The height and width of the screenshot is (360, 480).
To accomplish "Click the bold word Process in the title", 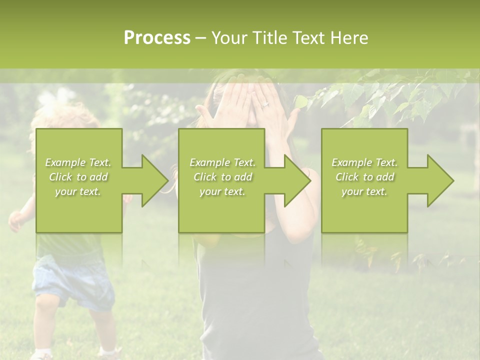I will (x=157, y=38).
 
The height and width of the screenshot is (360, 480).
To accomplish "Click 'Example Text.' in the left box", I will (x=78, y=162).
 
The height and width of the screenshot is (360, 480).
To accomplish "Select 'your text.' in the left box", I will (x=78, y=191).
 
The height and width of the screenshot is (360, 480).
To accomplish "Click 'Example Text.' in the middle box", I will (x=222, y=162).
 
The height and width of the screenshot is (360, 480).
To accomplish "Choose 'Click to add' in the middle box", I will (x=222, y=177).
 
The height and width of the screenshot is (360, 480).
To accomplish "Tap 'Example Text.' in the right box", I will (x=364, y=162).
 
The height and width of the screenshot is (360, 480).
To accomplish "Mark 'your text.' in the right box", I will (x=364, y=191).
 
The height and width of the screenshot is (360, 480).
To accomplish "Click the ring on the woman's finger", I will (x=265, y=104).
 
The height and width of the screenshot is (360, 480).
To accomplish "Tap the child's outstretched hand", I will (x=16, y=220).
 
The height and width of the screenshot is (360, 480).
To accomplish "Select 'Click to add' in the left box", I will (x=78, y=177).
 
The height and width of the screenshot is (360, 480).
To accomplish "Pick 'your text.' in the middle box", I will (x=222, y=191).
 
